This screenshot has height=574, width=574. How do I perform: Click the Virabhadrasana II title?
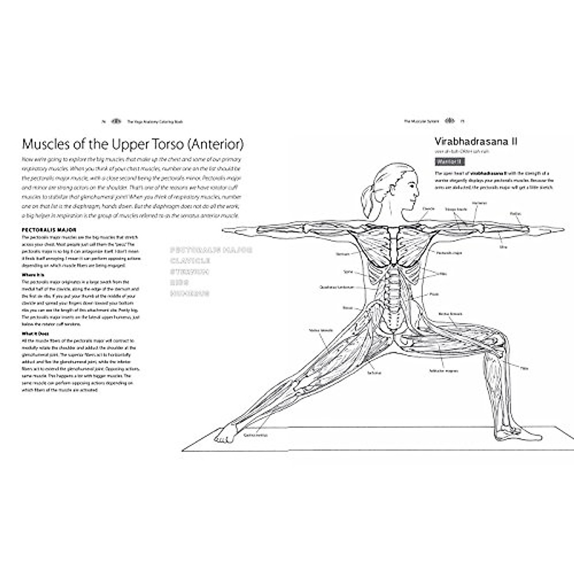pos(469,141)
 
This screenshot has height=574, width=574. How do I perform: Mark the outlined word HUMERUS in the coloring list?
pos(190,293)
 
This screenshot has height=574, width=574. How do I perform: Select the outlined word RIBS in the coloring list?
pos(179,282)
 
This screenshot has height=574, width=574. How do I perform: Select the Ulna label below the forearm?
pos(503,247)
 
